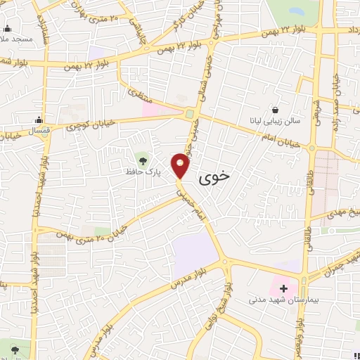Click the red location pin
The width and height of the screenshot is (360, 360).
click(x=181, y=166)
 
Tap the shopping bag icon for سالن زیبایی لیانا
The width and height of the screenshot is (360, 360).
click(x=275, y=110)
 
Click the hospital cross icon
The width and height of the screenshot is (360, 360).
click(x=284, y=288)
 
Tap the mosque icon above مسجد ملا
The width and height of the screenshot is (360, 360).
click(x=8, y=28)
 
